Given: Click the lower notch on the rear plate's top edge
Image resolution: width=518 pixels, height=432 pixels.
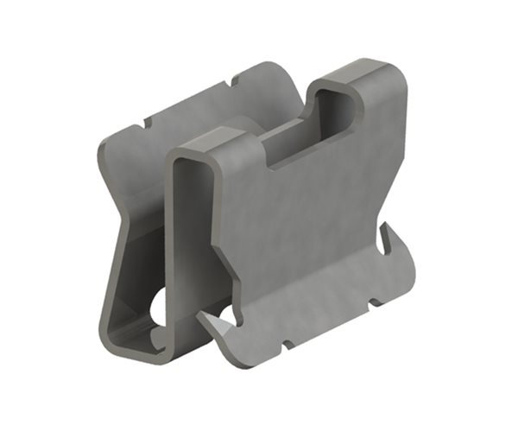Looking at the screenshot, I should pyautogui.click(x=147, y=122).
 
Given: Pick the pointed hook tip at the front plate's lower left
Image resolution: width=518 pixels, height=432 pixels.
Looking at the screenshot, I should pyautogui.click(x=201, y=317).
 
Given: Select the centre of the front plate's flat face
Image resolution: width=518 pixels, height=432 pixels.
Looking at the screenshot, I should pyautogui.click(x=302, y=225).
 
